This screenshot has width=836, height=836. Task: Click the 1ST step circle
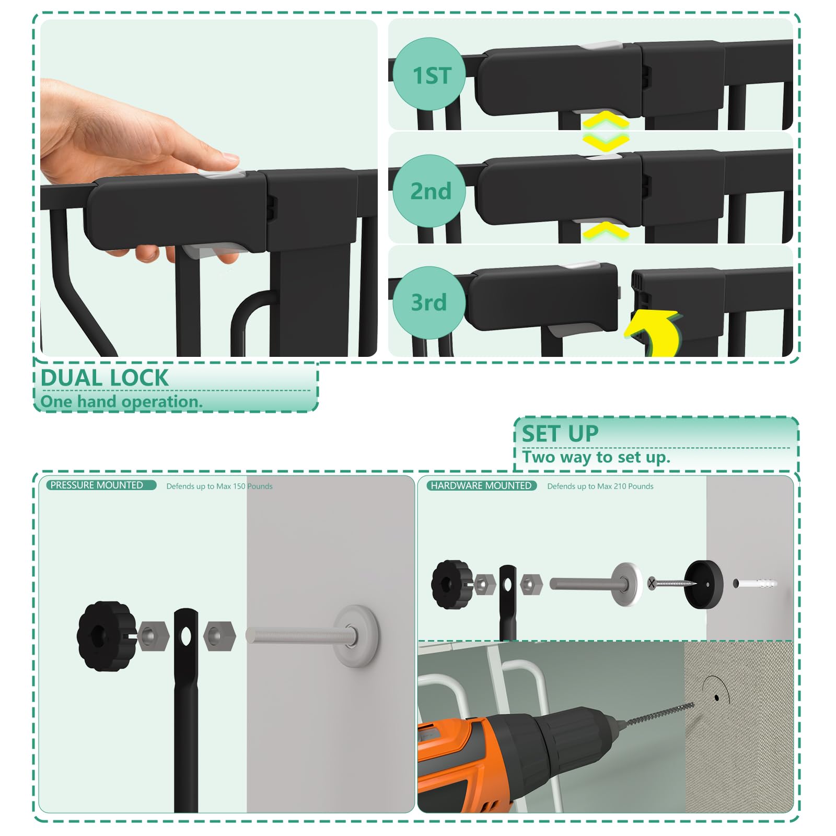429,74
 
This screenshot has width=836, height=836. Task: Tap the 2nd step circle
429,191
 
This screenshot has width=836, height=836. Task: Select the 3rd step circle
429,302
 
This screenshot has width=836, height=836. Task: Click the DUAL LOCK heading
104,378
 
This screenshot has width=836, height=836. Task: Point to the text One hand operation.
121,401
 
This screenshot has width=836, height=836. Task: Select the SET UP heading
560,434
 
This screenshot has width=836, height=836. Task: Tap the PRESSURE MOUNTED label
97,485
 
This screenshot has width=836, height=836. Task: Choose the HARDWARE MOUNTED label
481,485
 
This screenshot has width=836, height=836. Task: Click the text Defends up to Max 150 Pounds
219,486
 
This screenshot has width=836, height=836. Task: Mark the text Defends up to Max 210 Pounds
600,486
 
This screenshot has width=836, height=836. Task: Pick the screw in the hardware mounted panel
672,583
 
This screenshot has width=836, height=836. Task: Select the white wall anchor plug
754,583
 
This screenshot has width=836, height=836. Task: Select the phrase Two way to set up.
596,457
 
